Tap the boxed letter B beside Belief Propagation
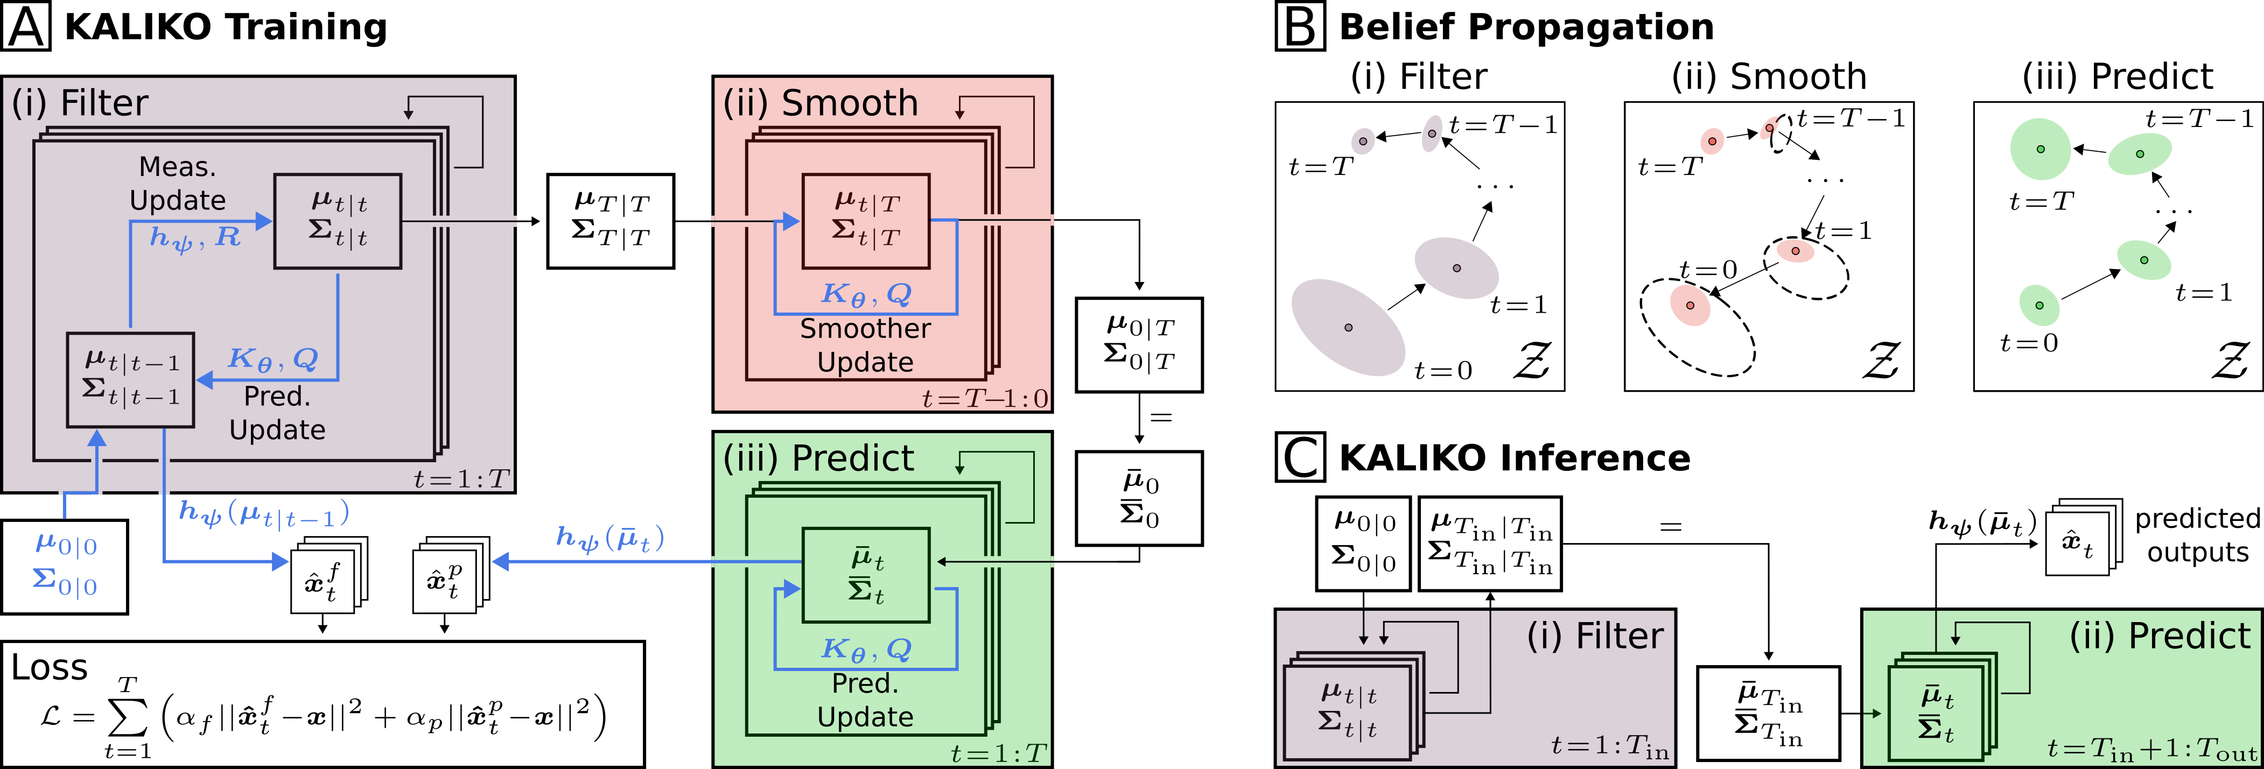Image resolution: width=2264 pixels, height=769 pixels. point(1300,27)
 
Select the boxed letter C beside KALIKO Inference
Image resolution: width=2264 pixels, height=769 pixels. point(1300,458)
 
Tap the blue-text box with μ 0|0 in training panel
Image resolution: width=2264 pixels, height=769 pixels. point(65,567)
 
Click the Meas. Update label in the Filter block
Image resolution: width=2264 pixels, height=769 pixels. point(178,184)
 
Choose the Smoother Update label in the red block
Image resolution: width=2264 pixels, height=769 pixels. point(865,345)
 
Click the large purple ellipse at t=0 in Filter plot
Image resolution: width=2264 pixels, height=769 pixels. point(1347,327)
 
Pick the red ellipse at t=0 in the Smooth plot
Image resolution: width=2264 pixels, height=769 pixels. point(1689,305)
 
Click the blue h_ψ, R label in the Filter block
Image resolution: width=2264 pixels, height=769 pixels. point(195,237)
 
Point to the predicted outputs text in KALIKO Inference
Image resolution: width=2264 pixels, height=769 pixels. point(2197,535)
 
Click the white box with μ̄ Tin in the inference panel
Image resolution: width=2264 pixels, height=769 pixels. point(1768,714)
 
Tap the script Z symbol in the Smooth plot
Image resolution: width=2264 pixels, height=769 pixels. point(1881,361)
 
